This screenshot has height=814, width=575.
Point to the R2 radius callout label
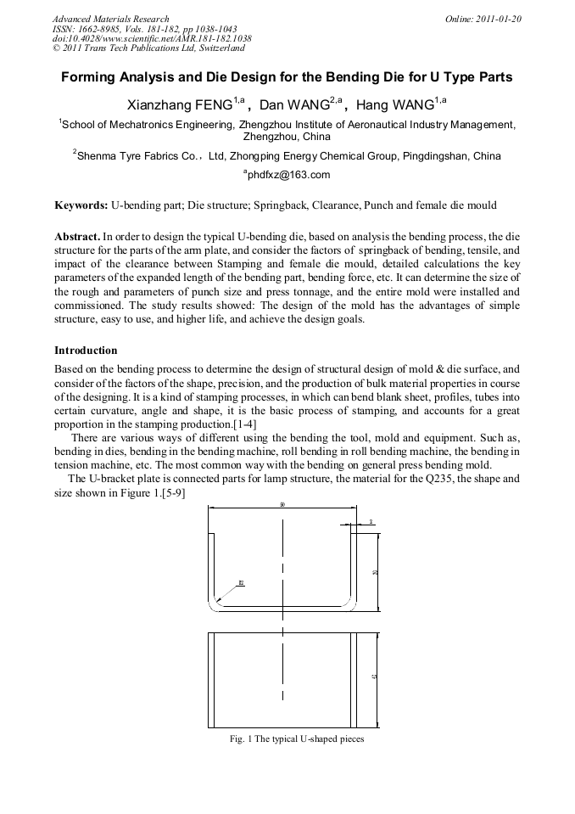point(241,583)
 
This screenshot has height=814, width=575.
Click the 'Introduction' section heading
point(86,351)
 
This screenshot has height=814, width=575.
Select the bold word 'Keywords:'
point(81,205)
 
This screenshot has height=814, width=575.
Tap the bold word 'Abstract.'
point(77,236)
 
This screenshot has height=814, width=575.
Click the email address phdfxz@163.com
point(287,175)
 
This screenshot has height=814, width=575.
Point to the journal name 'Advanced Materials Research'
point(110,19)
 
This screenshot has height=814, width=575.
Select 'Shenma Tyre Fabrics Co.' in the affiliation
point(140,156)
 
